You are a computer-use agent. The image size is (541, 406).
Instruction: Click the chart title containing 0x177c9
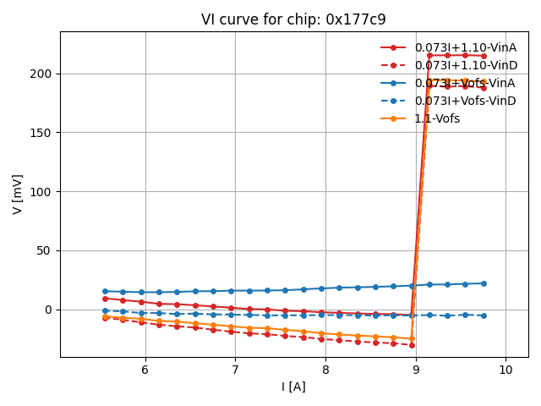[x=294, y=19]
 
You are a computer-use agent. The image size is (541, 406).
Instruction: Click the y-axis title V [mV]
[x=17, y=194]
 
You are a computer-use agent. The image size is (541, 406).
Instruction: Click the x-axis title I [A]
[x=294, y=387]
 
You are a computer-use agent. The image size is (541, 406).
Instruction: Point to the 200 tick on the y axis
[x=42, y=74]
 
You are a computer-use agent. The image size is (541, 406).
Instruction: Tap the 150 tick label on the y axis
[x=42, y=133]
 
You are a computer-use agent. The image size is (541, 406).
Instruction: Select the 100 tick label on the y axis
[x=42, y=192]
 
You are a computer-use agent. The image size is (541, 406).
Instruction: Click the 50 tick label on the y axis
[x=46, y=251]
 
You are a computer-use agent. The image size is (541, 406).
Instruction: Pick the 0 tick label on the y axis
[x=49, y=310]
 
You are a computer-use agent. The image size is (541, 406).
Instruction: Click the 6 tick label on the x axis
[x=145, y=370]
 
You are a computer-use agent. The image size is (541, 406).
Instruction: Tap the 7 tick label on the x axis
[x=235, y=370]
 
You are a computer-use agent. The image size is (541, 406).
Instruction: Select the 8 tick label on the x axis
[x=325, y=370]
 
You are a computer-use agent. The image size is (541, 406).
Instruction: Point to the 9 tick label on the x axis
[x=416, y=370]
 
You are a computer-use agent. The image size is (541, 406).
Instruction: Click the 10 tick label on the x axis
[x=505, y=370]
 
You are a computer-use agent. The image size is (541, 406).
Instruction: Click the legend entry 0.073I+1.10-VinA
[x=465, y=47]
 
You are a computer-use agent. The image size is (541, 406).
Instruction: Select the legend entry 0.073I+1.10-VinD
[x=465, y=65]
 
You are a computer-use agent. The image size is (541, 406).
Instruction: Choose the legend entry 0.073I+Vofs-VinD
[x=465, y=101]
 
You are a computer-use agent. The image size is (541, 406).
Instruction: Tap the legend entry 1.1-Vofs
[x=437, y=118]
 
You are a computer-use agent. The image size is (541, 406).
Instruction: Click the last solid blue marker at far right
[x=484, y=283]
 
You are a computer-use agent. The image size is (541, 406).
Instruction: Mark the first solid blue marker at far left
[x=105, y=291]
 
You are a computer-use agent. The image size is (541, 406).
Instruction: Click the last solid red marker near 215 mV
[x=484, y=56]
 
